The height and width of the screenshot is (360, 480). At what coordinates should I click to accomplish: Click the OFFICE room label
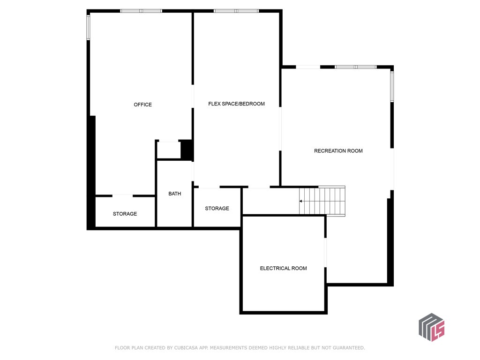(x=142, y=105)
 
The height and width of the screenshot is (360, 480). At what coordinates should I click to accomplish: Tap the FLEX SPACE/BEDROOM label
(x=236, y=104)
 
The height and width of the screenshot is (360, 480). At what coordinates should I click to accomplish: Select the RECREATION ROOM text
(x=338, y=151)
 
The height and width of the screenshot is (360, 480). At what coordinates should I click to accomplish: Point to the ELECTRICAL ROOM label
(x=283, y=268)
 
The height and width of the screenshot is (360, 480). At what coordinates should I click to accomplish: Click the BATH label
(x=174, y=194)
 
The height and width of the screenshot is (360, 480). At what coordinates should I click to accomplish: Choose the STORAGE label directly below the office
(x=125, y=214)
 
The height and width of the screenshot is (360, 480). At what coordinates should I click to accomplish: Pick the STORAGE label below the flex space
(x=217, y=208)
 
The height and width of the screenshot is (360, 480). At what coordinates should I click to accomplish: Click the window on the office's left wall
(x=88, y=27)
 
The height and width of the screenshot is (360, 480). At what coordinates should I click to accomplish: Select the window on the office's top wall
(x=141, y=11)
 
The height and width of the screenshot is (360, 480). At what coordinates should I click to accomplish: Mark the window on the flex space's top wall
(x=236, y=11)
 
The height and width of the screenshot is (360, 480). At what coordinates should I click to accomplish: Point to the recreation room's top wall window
(x=355, y=67)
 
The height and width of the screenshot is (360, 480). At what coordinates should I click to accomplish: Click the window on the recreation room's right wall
(x=392, y=86)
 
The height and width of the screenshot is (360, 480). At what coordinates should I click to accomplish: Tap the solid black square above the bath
(x=187, y=150)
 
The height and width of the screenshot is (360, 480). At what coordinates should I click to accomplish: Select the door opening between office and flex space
(x=193, y=97)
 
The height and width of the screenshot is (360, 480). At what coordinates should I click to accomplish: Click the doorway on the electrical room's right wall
(x=325, y=253)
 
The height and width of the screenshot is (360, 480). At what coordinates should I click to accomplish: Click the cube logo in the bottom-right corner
(x=431, y=327)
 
